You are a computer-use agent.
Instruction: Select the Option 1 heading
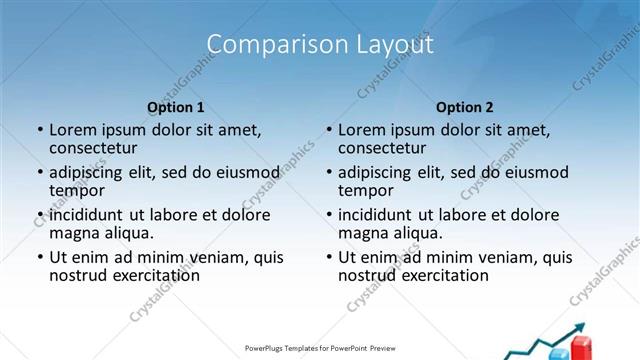click(176, 107)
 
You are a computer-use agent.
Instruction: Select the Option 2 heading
click(465, 107)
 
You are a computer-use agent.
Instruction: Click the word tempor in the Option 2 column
click(365, 190)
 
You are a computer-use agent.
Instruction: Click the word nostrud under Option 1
click(77, 275)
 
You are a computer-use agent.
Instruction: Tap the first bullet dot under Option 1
click(40, 130)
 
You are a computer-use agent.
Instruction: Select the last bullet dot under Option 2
click(329, 257)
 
